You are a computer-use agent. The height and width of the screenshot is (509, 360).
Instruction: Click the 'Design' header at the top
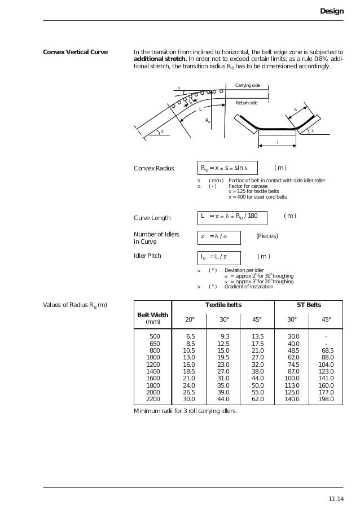[x=331, y=11]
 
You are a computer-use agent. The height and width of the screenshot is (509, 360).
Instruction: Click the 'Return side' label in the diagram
[x=247, y=103]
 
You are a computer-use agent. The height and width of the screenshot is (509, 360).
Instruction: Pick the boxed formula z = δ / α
[x=219, y=236]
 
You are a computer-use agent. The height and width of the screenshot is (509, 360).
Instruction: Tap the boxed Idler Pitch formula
[x=219, y=257]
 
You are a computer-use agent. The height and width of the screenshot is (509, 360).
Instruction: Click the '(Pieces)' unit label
[x=267, y=236]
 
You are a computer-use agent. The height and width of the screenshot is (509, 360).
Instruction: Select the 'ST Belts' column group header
[x=309, y=305]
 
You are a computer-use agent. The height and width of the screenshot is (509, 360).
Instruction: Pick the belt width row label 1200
[x=153, y=365]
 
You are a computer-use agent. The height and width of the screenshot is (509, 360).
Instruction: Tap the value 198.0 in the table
[x=326, y=399]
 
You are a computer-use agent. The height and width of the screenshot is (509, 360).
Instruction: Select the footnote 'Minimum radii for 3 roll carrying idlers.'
[x=185, y=411]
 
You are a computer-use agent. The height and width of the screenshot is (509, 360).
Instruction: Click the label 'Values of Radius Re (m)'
[x=75, y=305]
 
